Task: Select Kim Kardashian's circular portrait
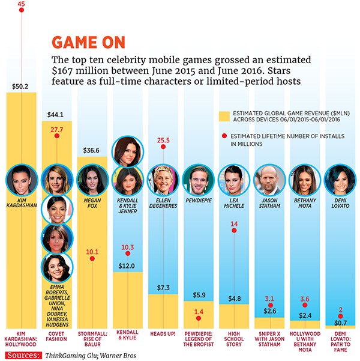[x=22, y=179]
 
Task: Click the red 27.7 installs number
[x=57, y=129]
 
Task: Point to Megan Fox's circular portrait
[x=92, y=179]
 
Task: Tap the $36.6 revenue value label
[x=92, y=151]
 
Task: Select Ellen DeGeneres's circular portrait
[x=163, y=179]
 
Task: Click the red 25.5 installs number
[x=163, y=141]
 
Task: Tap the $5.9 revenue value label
[x=199, y=294]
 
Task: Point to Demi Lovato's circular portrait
[x=340, y=179]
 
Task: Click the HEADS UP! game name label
[x=163, y=333]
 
